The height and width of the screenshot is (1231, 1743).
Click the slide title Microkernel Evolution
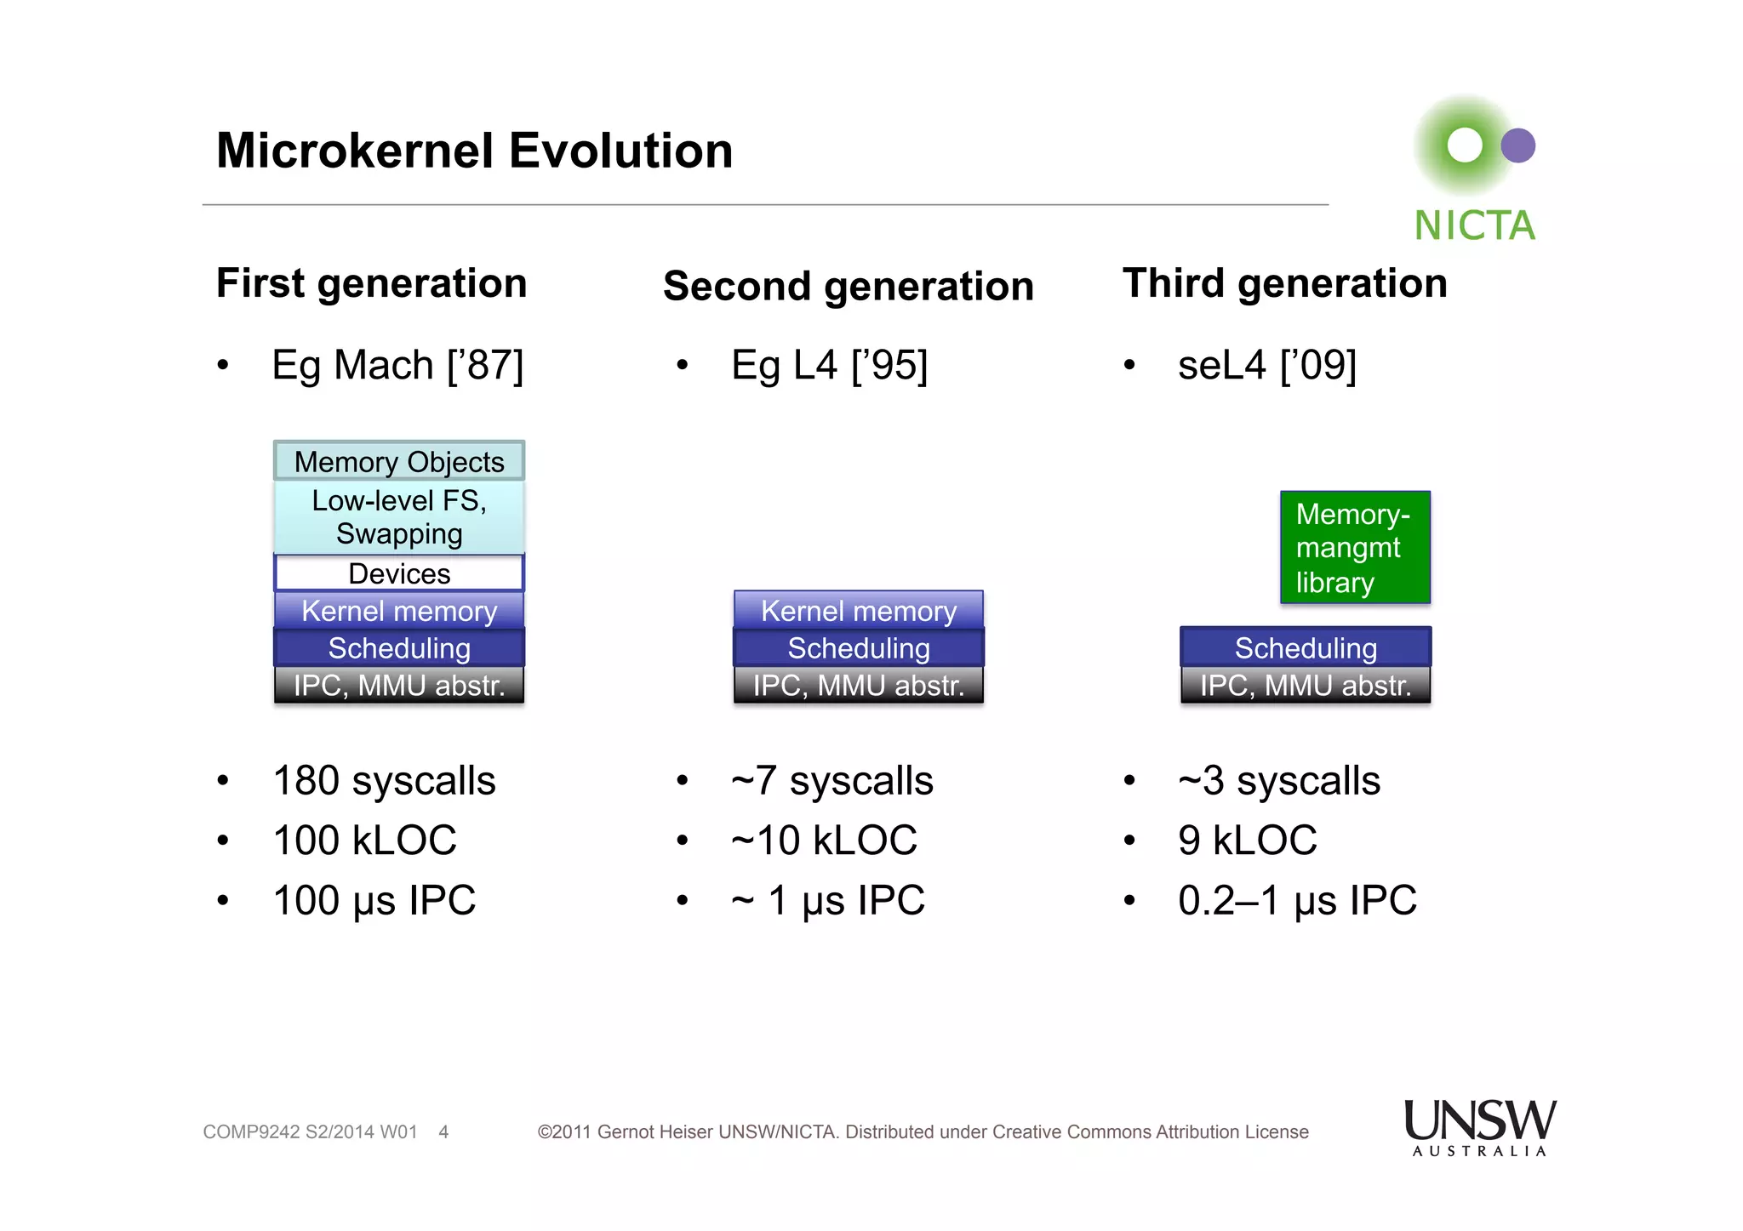coord(474,151)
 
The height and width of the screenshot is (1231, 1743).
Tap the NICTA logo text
coord(1474,226)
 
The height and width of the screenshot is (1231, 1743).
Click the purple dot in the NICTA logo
coord(1517,145)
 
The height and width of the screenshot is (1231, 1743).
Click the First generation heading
coord(371,283)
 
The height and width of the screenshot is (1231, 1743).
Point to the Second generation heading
coord(848,286)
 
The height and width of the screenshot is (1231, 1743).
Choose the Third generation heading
coord(1284,283)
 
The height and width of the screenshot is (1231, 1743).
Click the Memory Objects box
coord(399,461)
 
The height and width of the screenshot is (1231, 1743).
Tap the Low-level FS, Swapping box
coord(399,517)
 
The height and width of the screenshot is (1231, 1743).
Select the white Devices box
coord(399,573)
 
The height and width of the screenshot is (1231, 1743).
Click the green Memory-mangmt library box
coord(1355,548)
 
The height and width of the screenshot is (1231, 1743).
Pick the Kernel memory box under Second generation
coord(858,610)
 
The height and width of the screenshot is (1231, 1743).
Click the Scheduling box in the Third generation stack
coord(1305,647)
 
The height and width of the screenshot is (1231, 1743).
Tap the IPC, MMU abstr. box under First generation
coord(399,685)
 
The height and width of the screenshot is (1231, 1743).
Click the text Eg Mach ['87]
coord(397,366)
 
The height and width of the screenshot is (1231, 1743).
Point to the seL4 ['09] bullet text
coord(1266,366)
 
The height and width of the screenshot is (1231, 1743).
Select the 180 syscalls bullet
coord(384,781)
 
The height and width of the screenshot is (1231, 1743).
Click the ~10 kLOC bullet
coord(824,841)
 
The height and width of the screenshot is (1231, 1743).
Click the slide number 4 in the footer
coord(443,1132)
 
